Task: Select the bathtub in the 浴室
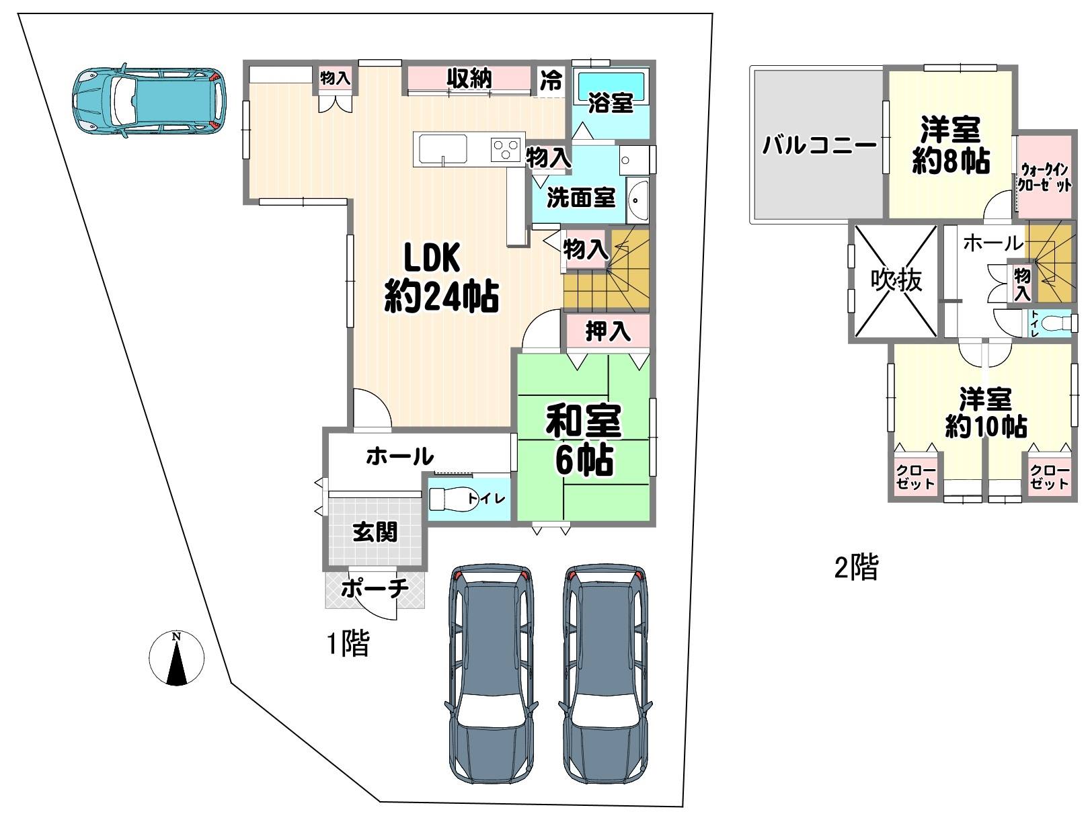(x=611, y=87)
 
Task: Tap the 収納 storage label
(x=469, y=79)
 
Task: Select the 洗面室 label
(x=581, y=198)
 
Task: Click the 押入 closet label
(x=608, y=331)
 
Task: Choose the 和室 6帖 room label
(x=584, y=440)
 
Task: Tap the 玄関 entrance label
(x=375, y=532)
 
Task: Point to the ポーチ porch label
(x=375, y=588)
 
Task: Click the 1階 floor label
(x=348, y=645)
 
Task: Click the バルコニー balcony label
(x=820, y=146)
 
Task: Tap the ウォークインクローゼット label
(x=1044, y=177)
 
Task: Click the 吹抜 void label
(x=896, y=280)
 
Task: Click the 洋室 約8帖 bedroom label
(x=951, y=145)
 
